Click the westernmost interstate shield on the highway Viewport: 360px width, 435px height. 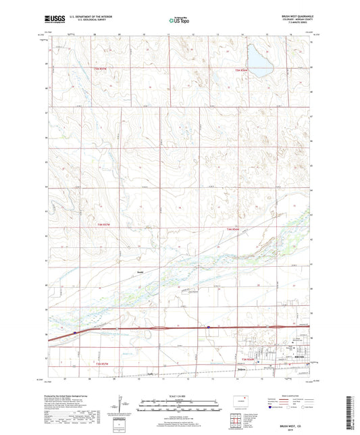[75, 333]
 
